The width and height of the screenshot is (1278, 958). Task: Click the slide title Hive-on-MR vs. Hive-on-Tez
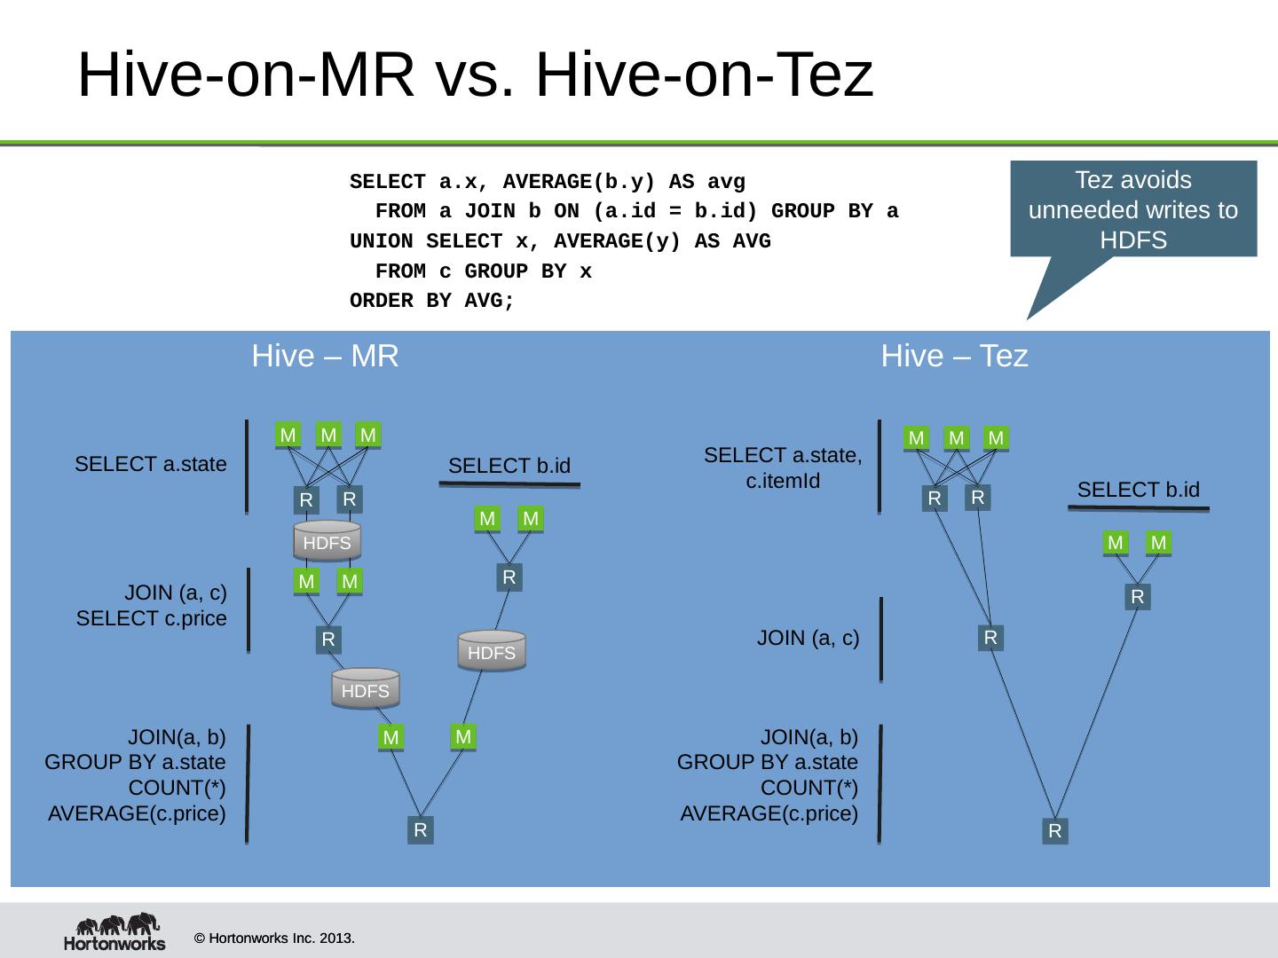pos(476,75)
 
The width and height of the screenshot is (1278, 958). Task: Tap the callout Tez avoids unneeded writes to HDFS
pos(1132,209)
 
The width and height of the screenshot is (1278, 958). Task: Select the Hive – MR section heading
pos(325,356)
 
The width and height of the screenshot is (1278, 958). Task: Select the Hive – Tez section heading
pos(954,356)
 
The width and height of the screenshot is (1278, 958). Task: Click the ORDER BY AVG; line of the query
pos(431,301)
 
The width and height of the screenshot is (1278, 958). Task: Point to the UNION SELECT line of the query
pos(559,241)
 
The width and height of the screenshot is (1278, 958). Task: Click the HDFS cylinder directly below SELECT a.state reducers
pos(327,542)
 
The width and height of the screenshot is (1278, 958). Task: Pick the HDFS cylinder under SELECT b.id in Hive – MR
pos(492,651)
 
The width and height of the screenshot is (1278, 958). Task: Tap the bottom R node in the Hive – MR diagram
pos(421,830)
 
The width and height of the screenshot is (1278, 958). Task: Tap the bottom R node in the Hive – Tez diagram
pos(1054,831)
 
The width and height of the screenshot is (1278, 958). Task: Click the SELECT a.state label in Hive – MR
pos(151,464)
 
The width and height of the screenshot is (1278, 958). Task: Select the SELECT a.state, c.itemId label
pos(783,468)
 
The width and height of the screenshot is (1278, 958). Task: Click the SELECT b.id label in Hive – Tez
pos(1138,490)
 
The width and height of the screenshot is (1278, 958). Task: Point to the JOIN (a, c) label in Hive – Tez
pos(808,638)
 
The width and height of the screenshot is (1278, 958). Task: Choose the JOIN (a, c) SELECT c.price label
pos(151,605)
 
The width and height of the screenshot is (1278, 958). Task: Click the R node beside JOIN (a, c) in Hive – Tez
pos(990,638)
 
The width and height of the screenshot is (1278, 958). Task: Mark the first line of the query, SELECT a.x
pos(547,183)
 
